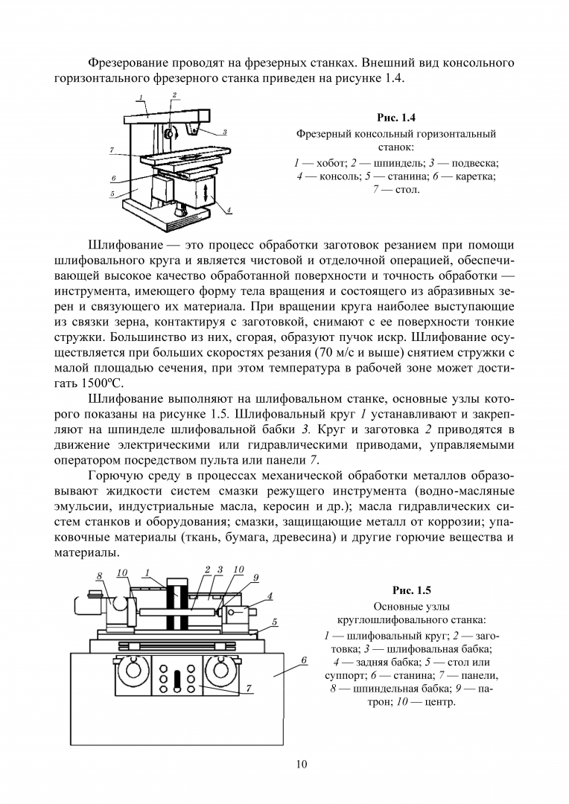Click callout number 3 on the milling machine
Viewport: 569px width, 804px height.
coord(225,133)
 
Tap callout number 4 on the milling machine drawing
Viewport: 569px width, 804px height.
coord(229,209)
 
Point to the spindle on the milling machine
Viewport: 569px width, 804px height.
coord(169,133)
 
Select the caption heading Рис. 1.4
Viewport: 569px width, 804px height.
coord(396,118)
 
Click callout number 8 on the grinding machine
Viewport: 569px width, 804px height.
coord(100,576)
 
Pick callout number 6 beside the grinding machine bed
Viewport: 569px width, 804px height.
coord(304,660)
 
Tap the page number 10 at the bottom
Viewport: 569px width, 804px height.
coord(301,765)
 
